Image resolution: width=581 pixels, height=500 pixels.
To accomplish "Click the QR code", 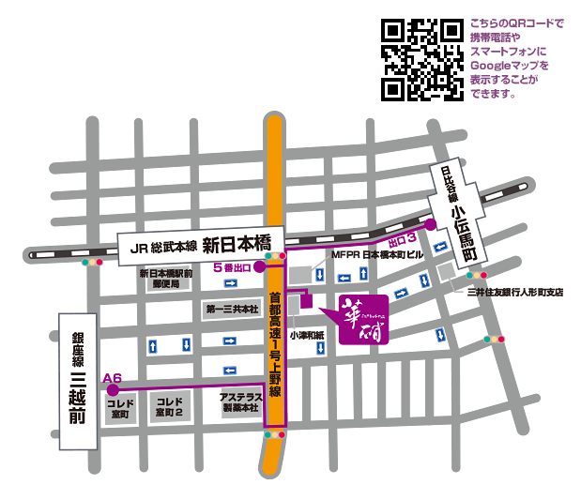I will (421, 59).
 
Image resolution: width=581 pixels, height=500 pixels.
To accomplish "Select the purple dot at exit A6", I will (113, 389).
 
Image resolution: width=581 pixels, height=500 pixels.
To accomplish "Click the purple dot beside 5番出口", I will (259, 267).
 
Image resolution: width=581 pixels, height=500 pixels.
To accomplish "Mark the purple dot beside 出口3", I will (431, 225).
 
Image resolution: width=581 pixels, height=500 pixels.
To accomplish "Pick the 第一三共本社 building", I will (227, 309).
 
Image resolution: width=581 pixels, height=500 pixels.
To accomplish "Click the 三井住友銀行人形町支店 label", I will (515, 292).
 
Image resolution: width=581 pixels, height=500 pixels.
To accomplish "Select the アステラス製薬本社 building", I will (239, 402).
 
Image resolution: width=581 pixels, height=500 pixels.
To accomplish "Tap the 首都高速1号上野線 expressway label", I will (274, 338).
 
